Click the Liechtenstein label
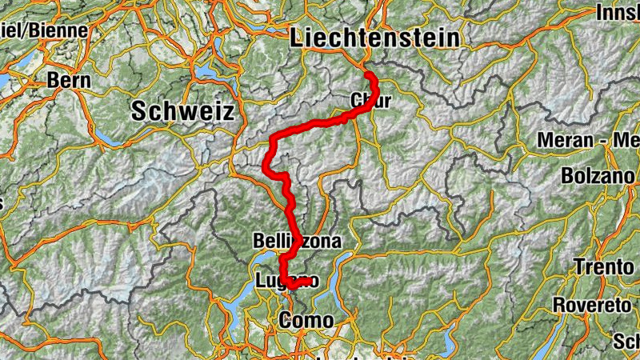point(376,38)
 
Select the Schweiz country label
point(184,110)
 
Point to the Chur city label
point(370,101)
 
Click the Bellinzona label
point(297,241)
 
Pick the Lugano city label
point(286,280)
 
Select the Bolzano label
point(600,175)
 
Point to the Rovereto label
point(594,305)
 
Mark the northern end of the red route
point(369,74)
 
